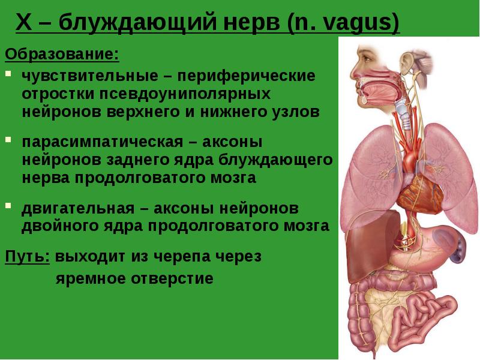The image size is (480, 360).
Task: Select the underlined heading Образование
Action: coord(62,55)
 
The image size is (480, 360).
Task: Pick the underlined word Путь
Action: coord(27,256)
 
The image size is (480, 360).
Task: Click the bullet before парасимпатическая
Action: coord(8,140)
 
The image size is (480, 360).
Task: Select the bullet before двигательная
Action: coord(8,205)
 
